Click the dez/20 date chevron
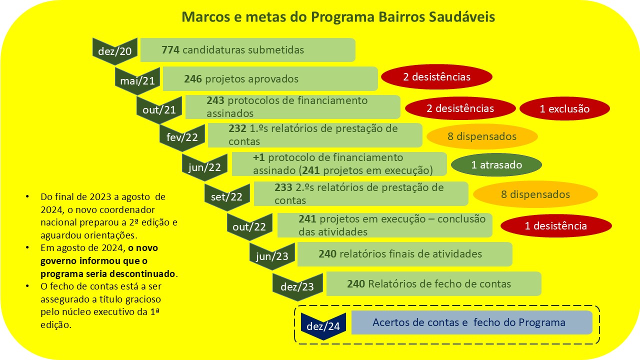[115, 51]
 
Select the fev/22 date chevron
[182, 137]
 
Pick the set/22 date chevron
[227, 197]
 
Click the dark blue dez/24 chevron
[323, 326]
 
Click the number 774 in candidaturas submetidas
[170, 50]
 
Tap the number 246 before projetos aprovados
[193, 79]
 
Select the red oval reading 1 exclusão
[564, 108]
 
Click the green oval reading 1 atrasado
[496, 165]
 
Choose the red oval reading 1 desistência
[556, 225]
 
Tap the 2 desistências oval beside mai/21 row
[436, 77]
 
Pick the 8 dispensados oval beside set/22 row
[535, 194]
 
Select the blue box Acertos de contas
[471, 322]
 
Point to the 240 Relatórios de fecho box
[433, 283]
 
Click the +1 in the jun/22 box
[259, 157]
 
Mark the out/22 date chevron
[249, 227]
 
